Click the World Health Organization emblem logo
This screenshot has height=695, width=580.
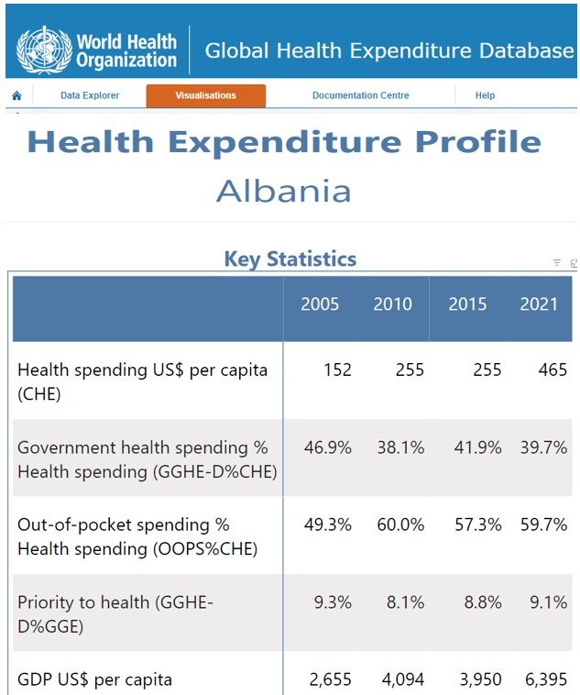(x=43, y=50)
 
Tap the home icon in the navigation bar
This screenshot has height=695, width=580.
(x=16, y=95)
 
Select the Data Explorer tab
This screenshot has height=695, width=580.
(x=90, y=95)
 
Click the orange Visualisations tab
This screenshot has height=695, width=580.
(x=205, y=95)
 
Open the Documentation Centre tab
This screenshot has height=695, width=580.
(x=360, y=95)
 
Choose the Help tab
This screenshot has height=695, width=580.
(x=485, y=95)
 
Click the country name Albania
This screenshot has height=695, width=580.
(x=283, y=191)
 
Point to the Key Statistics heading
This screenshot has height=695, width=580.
(x=290, y=259)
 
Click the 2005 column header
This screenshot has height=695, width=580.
(x=320, y=304)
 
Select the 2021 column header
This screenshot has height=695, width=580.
(x=538, y=304)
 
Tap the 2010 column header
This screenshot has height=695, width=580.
(x=393, y=304)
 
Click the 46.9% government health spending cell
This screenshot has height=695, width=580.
(x=327, y=447)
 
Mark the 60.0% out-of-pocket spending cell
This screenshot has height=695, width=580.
(x=400, y=524)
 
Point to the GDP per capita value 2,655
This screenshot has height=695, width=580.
(x=329, y=680)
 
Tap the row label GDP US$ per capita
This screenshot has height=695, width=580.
(x=94, y=680)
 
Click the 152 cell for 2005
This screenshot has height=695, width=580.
(x=337, y=370)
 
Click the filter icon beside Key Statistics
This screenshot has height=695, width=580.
(x=556, y=263)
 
